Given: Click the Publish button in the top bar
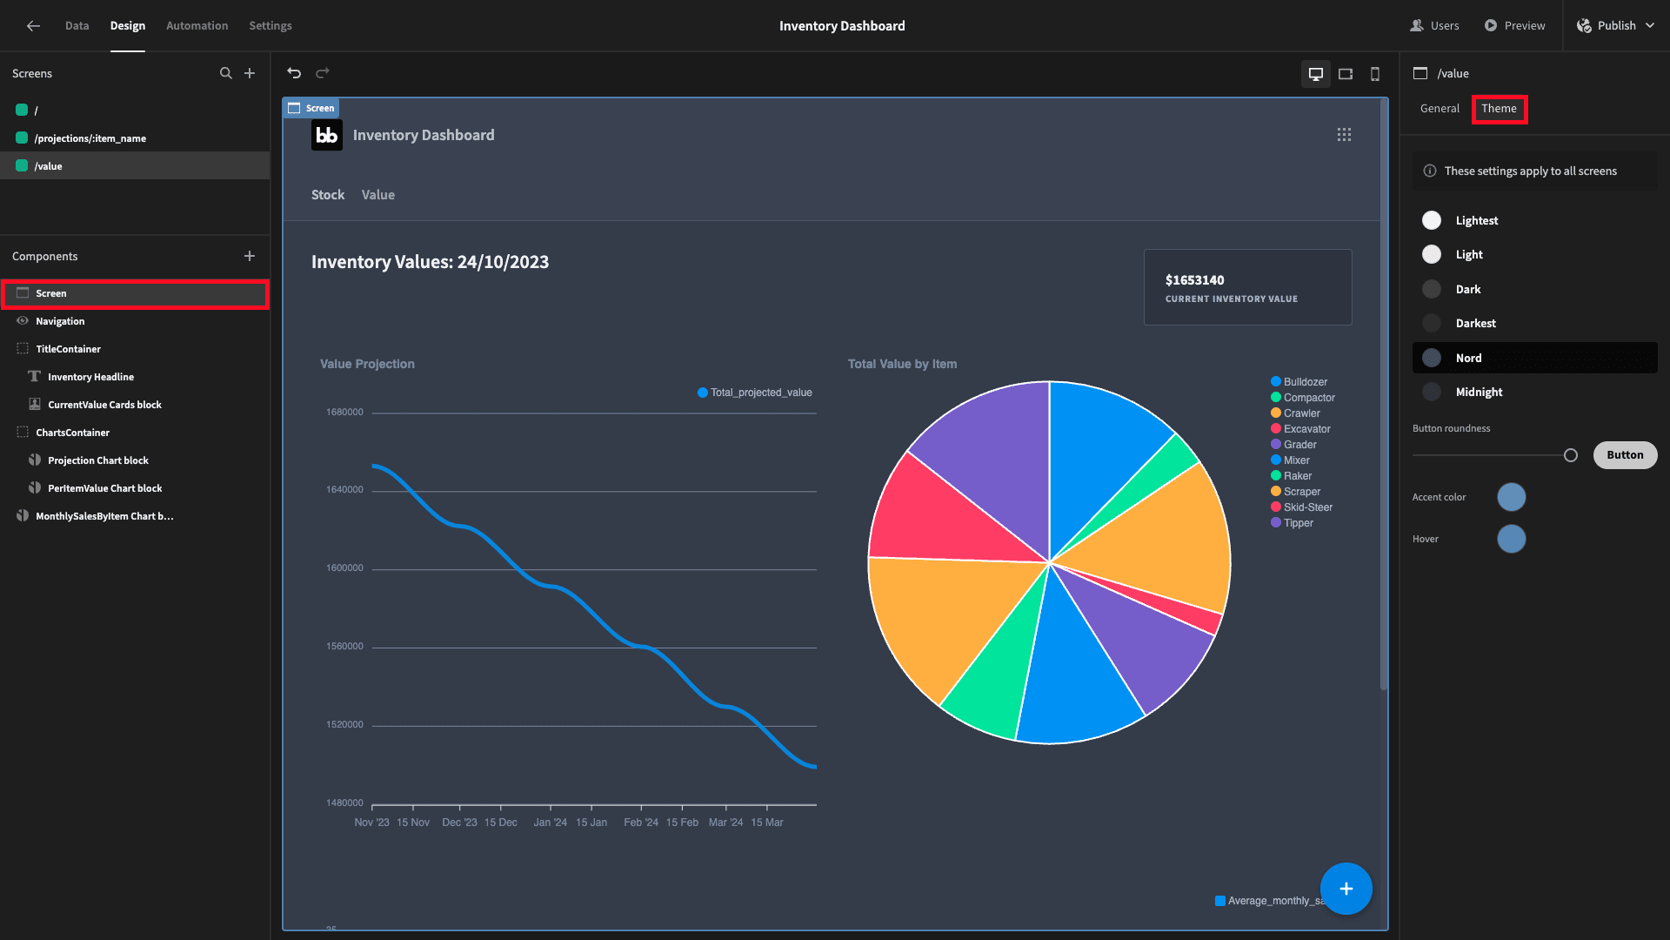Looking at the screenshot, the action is coord(1615,25).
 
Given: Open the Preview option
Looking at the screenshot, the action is coord(1514,25).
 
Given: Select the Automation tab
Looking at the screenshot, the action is coord(197,25).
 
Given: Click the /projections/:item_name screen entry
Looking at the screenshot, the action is coord(90,138).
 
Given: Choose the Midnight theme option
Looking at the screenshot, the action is coord(1479,392).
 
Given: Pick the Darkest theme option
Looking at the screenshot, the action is coord(1475,323).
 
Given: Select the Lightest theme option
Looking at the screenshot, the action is coord(1476,220).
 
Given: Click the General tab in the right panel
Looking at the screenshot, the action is coord(1440,109).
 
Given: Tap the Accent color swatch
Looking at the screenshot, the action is coord(1511,497).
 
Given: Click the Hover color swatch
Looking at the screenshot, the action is coord(1511,539).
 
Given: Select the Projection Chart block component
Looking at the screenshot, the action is coord(97,460).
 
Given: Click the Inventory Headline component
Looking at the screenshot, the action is coord(90,377).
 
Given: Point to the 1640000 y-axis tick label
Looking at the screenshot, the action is coord(344,490).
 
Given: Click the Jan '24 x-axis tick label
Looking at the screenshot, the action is coord(550,822).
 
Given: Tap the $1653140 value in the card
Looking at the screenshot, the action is coord(1194,280).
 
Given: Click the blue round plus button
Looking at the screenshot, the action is coord(1346,889).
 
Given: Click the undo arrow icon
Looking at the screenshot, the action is coord(294,73).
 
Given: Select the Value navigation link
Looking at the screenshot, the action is coord(377,195).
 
